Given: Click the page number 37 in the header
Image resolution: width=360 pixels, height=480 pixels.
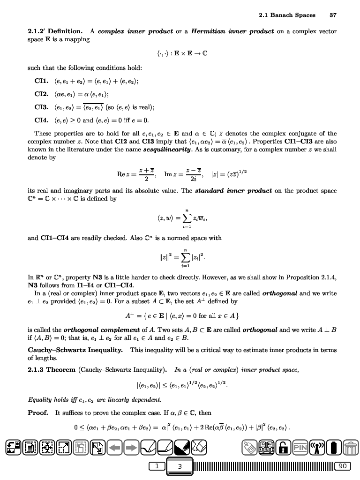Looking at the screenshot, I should (333, 15).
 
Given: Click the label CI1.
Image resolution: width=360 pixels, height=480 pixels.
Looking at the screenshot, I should (43, 81).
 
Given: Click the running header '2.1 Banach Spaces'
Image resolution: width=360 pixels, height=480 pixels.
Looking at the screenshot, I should (287, 15).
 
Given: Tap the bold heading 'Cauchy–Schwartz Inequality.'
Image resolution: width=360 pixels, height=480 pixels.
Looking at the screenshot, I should (75, 350).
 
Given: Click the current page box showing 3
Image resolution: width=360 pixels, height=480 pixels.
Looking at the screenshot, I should (180, 466).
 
